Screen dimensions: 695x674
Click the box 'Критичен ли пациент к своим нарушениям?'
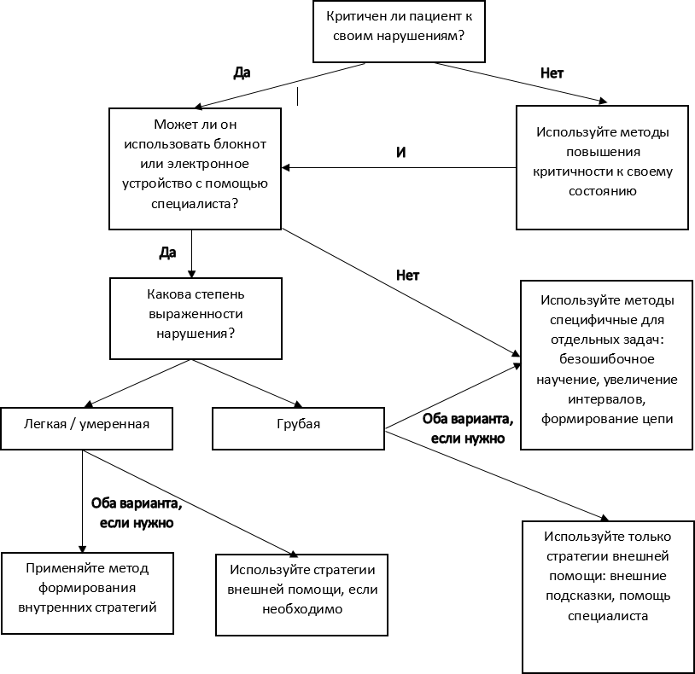[x=399, y=32]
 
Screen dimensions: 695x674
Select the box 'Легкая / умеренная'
[x=86, y=428]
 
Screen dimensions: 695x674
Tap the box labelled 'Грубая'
[x=298, y=428]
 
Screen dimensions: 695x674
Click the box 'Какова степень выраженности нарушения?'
[x=196, y=318]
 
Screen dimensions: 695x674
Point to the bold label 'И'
[x=400, y=153]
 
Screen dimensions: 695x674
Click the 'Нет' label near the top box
[x=552, y=73]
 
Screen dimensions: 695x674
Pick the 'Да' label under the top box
[x=242, y=73]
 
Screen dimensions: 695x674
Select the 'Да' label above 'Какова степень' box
[x=167, y=253]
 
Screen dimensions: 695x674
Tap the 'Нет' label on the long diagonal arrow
[x=408, y=275]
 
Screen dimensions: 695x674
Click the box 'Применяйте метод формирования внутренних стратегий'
[x=87, y=593]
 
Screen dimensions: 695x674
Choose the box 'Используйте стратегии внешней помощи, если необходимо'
[x=302, y=595]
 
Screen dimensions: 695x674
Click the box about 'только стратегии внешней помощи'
[x=608, y=597]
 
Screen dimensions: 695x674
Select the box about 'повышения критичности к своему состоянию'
[x=603, y=167]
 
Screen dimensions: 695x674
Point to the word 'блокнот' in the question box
[x=240, y=144]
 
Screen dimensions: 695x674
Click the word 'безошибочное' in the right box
[x=607, y=359]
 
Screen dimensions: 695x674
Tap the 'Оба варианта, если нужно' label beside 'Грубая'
[x=468, y=428]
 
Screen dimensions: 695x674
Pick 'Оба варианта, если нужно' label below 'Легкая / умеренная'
[x=137, y=513]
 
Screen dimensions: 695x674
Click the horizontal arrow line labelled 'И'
[x=399, y=167]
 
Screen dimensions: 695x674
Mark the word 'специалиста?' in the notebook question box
[x=195, y=203]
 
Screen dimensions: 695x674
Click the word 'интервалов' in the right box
[x=607, y=399]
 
